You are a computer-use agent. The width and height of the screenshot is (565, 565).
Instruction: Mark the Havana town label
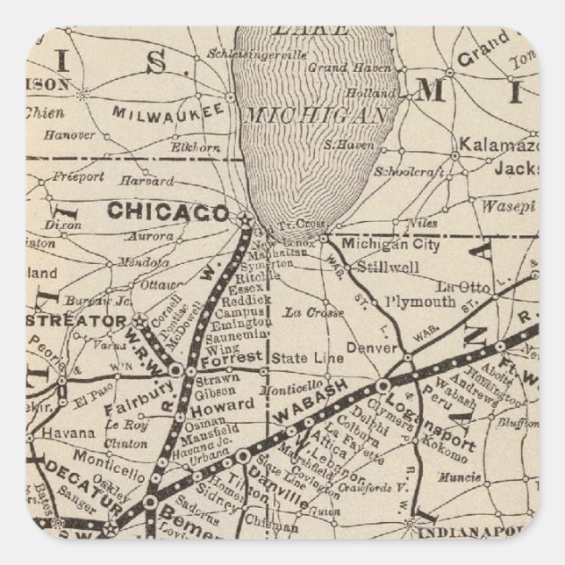tap(68, 433)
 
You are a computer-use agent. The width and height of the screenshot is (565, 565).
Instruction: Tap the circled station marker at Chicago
tap(244, 217)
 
